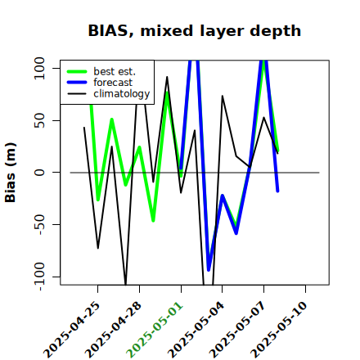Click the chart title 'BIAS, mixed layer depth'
(195, 30)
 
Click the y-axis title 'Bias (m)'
(11, 173)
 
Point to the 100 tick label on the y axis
(39, 68)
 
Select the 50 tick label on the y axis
(39, 120)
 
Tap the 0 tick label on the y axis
(39, 173)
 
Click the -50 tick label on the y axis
(40, 224)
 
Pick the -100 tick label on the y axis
(40, 277)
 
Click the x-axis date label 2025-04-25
(72, 330)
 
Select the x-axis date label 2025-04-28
(113, 330)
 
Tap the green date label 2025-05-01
(155, 330)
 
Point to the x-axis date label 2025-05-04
(196, 330)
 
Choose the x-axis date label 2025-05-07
(237, 330)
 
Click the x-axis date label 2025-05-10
(279, 330)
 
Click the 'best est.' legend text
(115, 71)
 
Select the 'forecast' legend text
(113, 83)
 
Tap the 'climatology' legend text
(122, 94)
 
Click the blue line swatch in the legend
(77, 83)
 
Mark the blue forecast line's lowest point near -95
(209, 270)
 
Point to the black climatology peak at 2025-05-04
(223, 96)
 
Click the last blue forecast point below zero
(277, 191)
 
